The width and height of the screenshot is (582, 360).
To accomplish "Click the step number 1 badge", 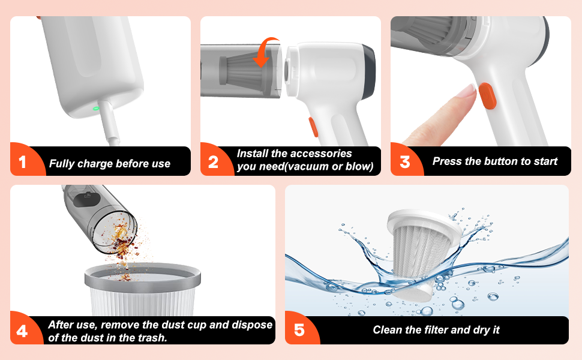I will coord(23,163).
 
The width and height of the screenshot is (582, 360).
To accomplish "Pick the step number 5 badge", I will coord(299,331).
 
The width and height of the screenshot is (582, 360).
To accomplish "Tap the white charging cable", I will coord(109,126).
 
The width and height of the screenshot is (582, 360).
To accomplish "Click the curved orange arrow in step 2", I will coord(266,50).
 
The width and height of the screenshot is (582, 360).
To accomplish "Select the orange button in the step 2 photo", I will coord(313,127).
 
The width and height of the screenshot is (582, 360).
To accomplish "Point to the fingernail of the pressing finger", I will coord(467,91).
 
